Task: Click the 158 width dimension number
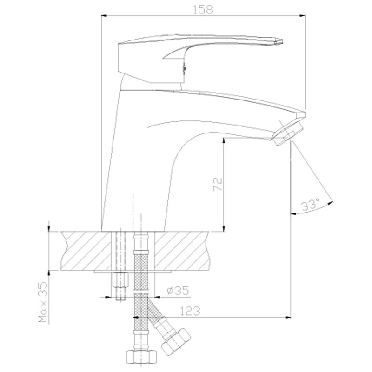pyautogui.click(x=203, y=9)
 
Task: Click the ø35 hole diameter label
pyautogui.click(x=178, y=290)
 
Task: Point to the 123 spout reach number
pyautogui.click(x=190, y=311)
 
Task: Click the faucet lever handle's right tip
pyautogui.click(x=282, y=42)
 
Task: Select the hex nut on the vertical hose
pyautogui.click(x=141, y=358)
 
